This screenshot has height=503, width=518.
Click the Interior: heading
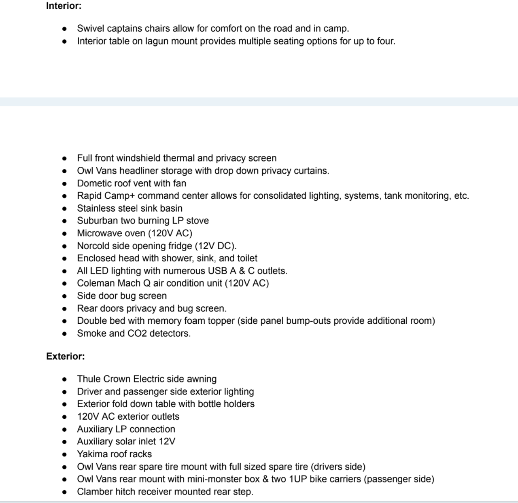point(64,6)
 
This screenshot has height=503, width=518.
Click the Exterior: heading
point(65,356)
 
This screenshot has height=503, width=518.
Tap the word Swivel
point(89,28)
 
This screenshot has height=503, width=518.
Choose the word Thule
point(89,379)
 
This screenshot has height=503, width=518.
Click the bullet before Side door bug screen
point(65,296)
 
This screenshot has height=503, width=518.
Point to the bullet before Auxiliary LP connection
point(65,429)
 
